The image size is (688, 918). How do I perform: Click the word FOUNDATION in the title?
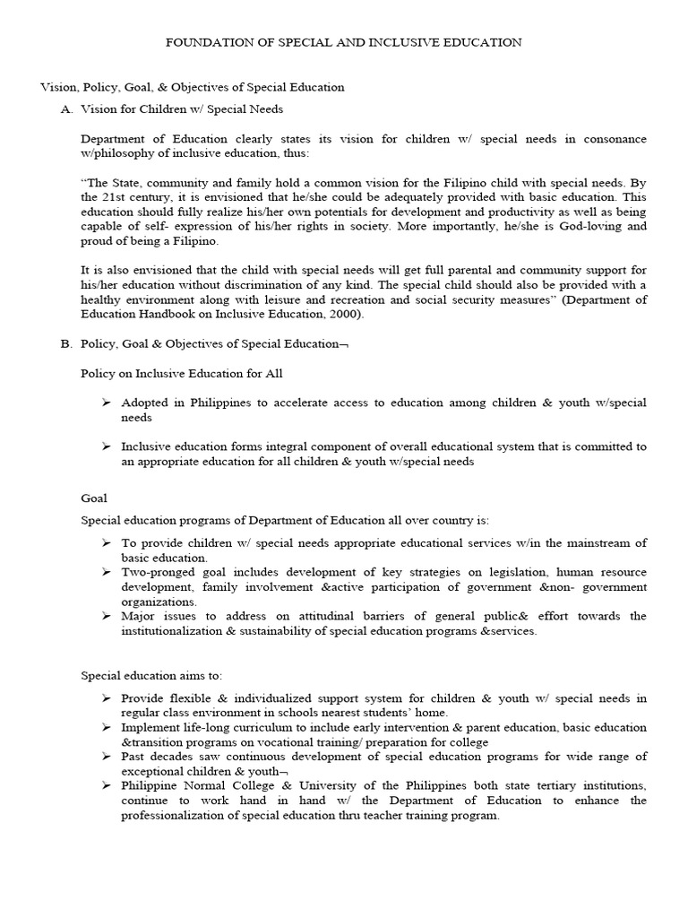[203, 42]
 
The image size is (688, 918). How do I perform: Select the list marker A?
[65, 109]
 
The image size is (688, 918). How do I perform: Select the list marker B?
[65, 343]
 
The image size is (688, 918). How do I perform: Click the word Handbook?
[169, 315]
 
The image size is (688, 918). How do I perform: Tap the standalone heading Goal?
[94, 498]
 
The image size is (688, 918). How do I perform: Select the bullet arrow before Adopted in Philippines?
[106, 403]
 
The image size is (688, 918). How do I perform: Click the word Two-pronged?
[158, 572]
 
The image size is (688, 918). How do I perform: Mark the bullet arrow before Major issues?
[106, 617]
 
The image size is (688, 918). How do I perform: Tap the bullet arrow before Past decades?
[106, 757]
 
